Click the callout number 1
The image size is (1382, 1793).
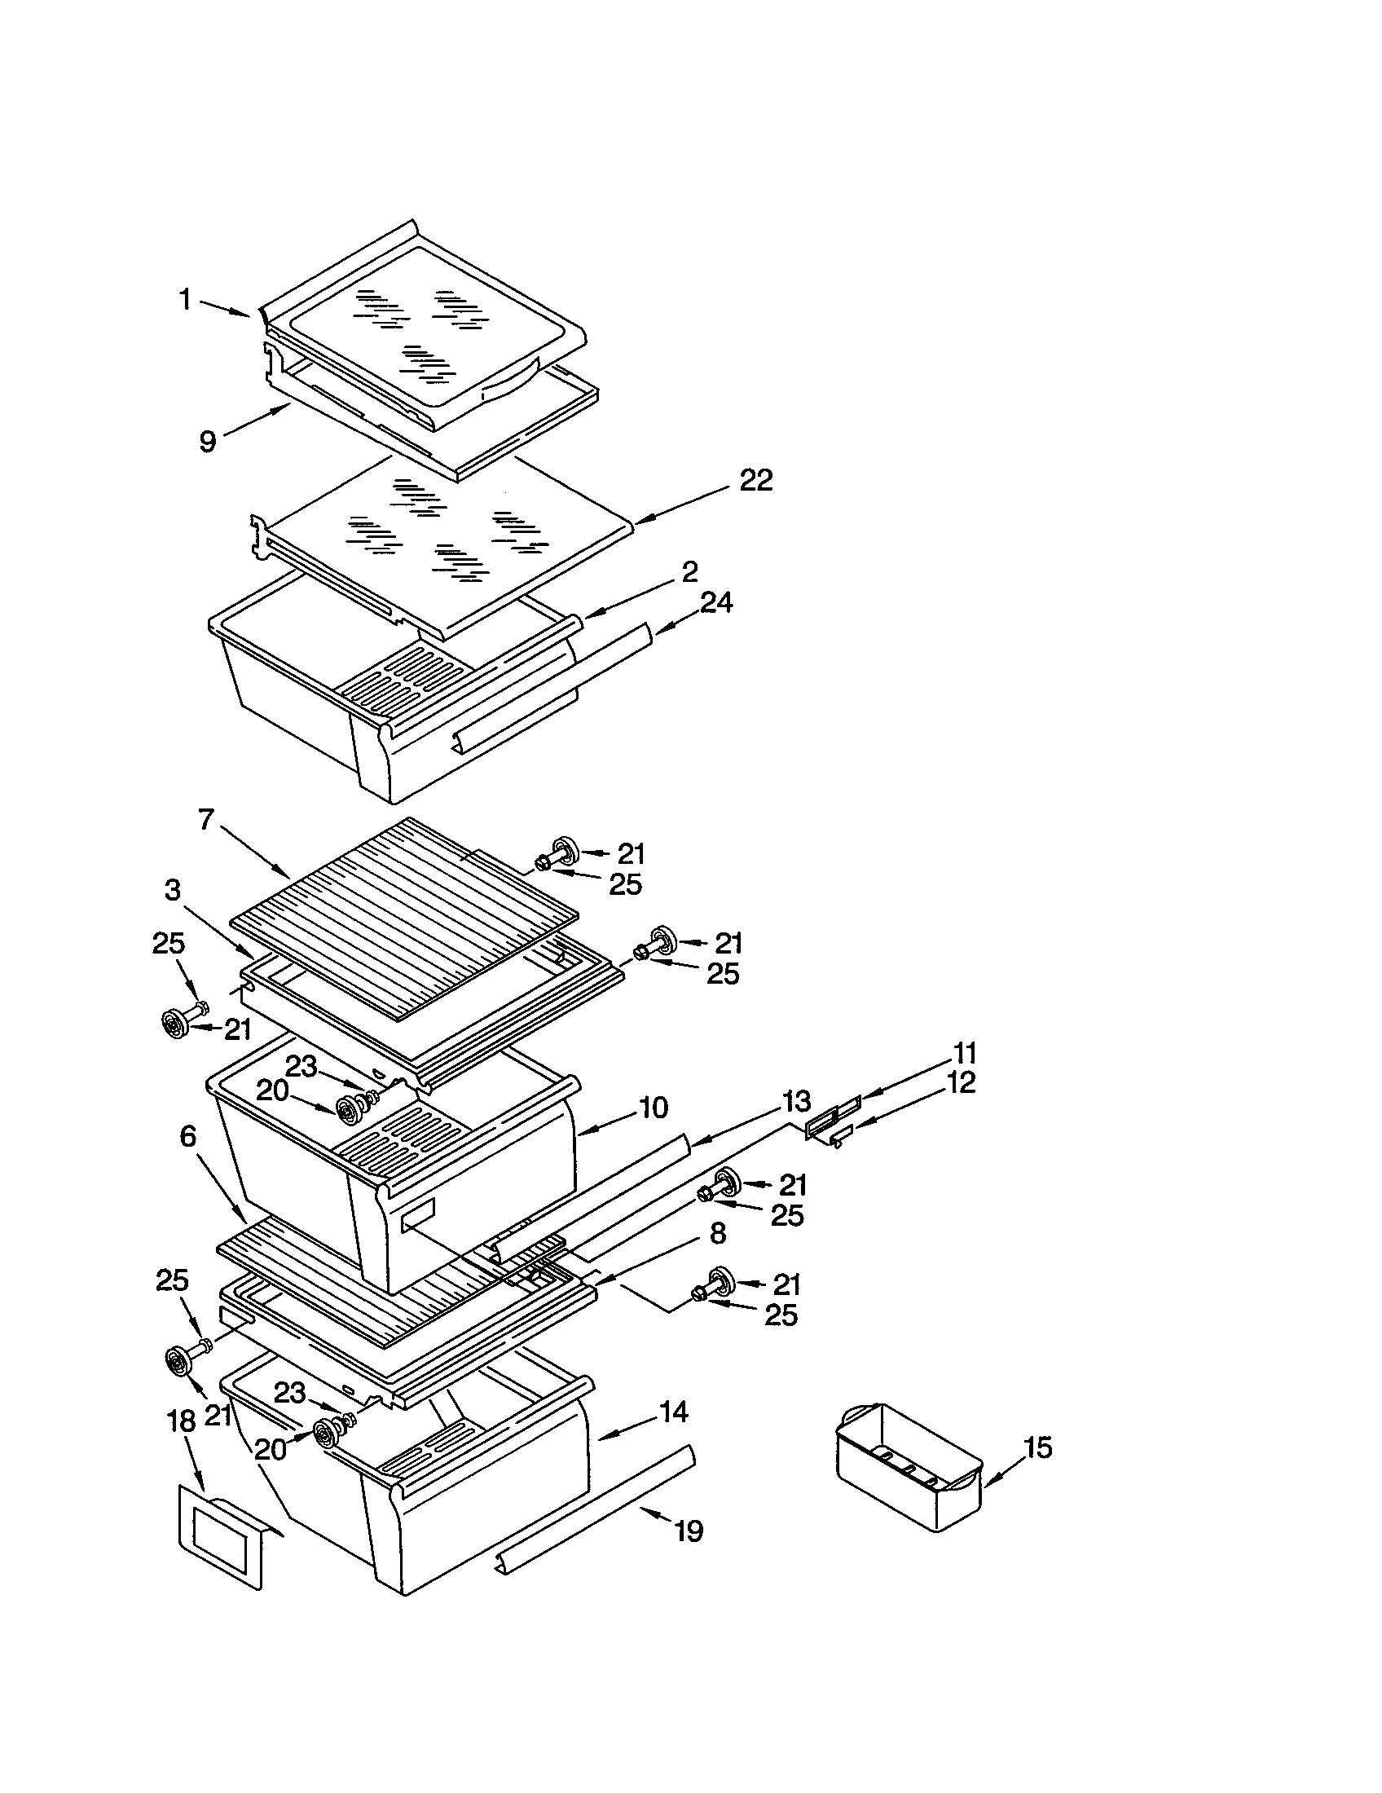click(x=186, y=301)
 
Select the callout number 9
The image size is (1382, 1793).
click(x=208, y=443)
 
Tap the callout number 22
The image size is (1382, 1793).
click(x=755, y=480)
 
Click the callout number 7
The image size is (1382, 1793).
click(x=205, y=818)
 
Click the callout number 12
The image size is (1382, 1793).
click(x=962, y=1083)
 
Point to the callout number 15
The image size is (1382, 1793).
click(x=1038, y=1447)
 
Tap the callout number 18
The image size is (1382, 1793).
click(x=183, y=1421)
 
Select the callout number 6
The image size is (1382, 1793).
click(x=188, y=1136)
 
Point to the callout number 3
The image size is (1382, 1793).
click(x=171, y=891)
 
